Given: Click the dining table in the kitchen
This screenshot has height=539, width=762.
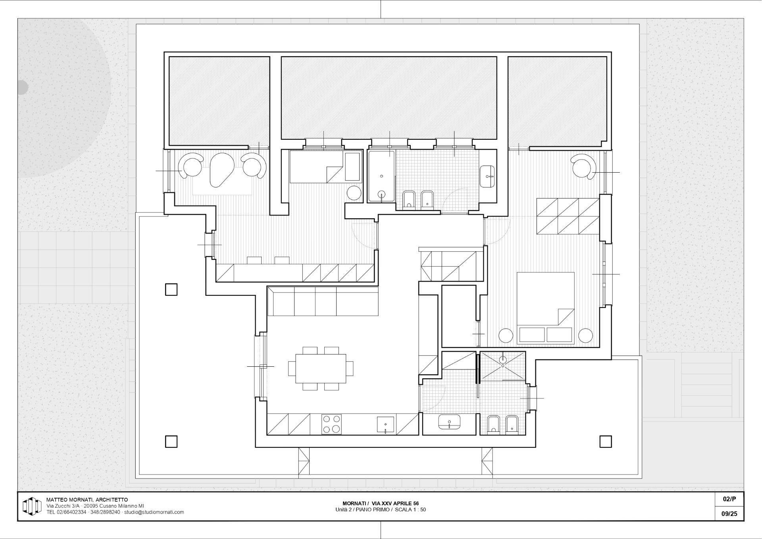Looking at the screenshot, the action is point(321,368).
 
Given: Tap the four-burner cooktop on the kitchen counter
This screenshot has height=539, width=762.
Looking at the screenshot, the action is point(331,424).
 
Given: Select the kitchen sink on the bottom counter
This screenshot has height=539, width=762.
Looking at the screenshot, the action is point(385,424).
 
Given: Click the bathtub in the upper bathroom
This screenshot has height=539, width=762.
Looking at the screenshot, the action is point(381,176).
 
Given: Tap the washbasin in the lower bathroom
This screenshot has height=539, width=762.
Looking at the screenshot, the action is point(449,422).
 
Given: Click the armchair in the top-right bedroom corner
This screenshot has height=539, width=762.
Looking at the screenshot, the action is point(583,166).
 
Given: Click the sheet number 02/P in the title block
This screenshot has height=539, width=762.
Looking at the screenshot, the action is point(729,499).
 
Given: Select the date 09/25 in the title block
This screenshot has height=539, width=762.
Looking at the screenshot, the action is point(729,514).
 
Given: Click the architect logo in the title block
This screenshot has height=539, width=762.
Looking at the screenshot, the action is point(32,506).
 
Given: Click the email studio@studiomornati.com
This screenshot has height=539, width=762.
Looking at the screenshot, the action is point(154,512).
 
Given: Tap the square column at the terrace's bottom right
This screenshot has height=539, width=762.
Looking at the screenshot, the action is point(605,441).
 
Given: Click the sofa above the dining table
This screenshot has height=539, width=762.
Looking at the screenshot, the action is point(323,301).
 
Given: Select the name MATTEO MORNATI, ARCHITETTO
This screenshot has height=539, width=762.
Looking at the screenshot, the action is point(87,500).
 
